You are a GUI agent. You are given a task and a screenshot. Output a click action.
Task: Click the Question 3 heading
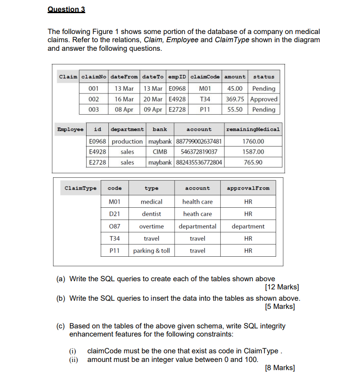66,10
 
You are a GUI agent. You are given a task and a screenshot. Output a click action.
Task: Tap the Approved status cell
263,99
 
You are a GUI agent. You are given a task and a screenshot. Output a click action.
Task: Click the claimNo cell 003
94,109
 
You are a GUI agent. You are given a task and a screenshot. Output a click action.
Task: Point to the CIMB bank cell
160,152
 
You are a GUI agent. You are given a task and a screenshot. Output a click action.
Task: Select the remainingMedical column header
253,129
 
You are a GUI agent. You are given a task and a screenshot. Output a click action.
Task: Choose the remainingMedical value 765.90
253,162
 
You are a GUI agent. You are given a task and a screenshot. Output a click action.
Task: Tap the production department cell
127,142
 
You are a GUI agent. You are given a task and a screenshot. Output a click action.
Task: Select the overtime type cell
151,226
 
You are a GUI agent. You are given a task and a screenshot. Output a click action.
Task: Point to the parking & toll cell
151,250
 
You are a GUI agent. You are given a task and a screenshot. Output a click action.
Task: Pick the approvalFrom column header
248,188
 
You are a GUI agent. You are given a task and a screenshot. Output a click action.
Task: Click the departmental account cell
197,226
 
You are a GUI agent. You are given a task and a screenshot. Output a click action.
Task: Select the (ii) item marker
73,360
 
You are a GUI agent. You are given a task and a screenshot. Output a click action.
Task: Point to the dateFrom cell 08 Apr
124,109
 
